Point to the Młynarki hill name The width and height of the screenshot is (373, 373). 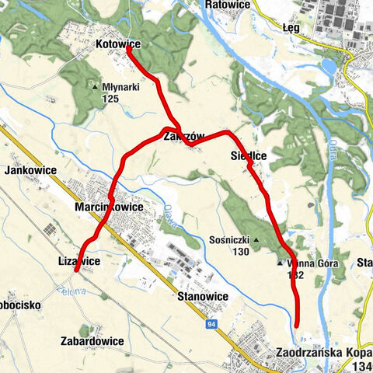pos(120,87)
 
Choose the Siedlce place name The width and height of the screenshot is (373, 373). pos(249,156)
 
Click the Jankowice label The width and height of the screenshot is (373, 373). pos(28,170)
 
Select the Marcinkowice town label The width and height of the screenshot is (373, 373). pos(109,208)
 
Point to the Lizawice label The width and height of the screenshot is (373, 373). pos(79,261)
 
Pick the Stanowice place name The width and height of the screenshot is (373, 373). pos(202,297)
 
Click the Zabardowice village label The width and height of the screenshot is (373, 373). pos(92,340)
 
